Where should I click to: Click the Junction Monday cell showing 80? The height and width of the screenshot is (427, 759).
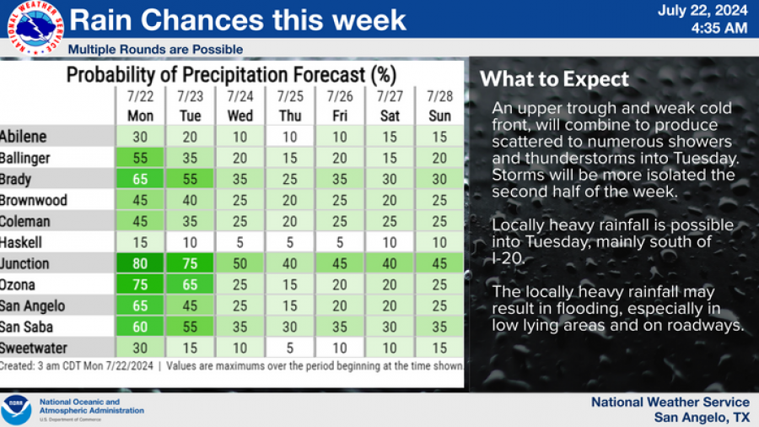[140, 263]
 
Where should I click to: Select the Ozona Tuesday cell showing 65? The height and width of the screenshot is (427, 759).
[191, 284]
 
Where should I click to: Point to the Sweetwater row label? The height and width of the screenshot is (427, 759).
[34, 348]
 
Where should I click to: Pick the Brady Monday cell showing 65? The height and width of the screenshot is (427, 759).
[140, 179]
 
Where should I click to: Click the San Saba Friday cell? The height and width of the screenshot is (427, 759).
[340, 327]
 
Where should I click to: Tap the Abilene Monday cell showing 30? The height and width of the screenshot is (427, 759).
[140, 137]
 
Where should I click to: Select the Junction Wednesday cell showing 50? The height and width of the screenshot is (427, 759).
[240, 263]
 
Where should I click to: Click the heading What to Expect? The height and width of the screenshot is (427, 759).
[554, 79]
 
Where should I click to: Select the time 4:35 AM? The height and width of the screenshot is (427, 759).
[719, 28]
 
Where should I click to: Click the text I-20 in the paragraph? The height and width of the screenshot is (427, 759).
[508, 258]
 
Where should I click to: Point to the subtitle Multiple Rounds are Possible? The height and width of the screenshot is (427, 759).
[155, 49]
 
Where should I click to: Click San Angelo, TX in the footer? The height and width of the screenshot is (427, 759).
[702, 417]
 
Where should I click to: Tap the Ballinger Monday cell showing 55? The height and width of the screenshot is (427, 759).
[140, 158]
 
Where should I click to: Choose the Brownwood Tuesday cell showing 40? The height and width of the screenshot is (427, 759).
[191, 200]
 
